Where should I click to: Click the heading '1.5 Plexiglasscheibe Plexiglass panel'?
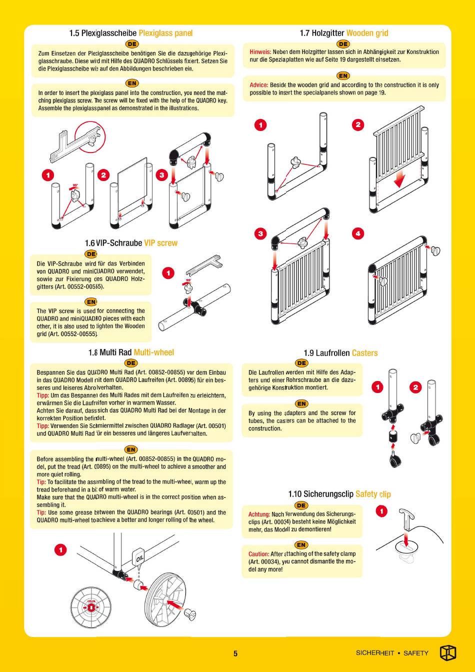(x=130, y=33)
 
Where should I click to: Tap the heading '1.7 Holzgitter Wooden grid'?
(x=343, y=33)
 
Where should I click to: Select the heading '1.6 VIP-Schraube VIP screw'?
(x=131, y=243)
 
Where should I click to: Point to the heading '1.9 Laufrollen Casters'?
(x=340, y=353)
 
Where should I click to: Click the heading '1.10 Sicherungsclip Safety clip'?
(x=339, y=494)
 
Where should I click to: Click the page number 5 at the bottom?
(x=235, y=653)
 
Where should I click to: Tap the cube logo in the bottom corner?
(x=447, y=652)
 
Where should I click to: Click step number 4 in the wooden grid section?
(x=357, y=233)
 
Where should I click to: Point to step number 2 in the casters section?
(x=415, y=387)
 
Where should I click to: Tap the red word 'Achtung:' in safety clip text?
(x=259, y=514)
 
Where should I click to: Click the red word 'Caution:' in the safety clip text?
(x=258, y=553)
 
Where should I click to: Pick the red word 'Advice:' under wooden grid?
(x=258, y=85)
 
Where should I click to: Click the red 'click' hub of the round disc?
(x=91, y=607)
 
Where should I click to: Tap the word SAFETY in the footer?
(x=415, y=653)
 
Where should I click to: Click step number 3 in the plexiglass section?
(x=161, y=174)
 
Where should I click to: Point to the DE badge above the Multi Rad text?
(x=130, y=363)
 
